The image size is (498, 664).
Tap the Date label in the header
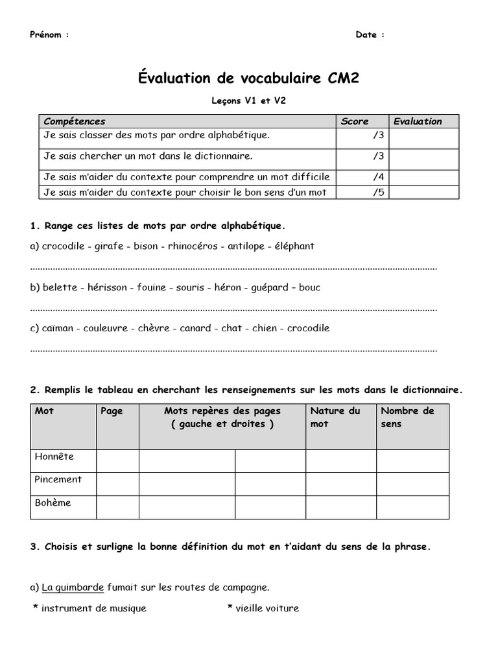pyautogui.click(x=366, y=35)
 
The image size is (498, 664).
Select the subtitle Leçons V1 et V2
pyautogui.click(x=248, y=101)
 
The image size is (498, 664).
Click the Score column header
pyautogui.click(x=355, y=121)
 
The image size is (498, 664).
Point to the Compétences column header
pyautogui.click(x=74, y=121)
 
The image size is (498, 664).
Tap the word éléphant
pyautogui.click(x=295, y=246)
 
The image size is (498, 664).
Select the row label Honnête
pyautogui.click(x=54, y=456)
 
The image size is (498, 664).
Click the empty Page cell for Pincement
pyautogui.click(x=117, y=484)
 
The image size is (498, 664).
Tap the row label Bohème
pyautogui.click(x=53, y=503)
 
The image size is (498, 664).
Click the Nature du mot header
pyautogui.click(x=335, y=417)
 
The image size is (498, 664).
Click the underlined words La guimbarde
pyautogui.click(x=73, y=587)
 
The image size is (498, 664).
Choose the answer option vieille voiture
pyautogui.click(x=267, y=608)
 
